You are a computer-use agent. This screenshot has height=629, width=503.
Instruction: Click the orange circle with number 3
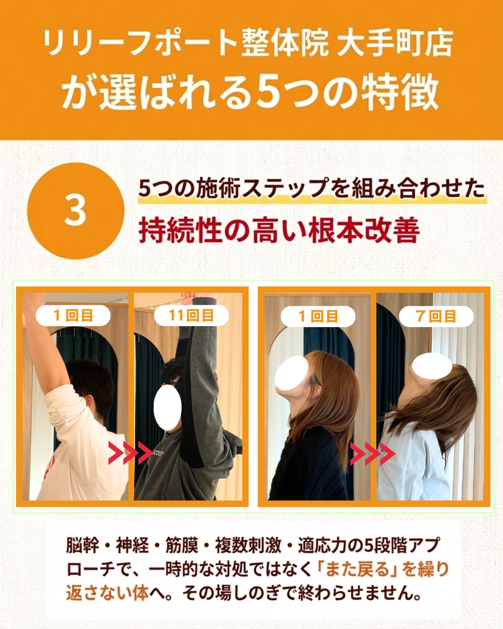(75, 211)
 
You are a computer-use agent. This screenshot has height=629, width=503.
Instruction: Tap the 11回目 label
(191, 316)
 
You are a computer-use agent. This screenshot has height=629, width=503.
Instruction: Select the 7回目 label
(436, 317)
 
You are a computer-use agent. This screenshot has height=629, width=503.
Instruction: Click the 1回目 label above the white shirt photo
(73, 316)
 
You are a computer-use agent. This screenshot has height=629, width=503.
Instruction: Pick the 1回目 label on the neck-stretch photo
(318, 317)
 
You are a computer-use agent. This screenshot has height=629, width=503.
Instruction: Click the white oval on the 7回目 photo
(432, 366)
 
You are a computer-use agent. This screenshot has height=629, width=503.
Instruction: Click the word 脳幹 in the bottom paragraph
(82, 545)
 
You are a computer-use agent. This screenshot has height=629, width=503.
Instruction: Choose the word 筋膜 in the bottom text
(182, 545)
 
